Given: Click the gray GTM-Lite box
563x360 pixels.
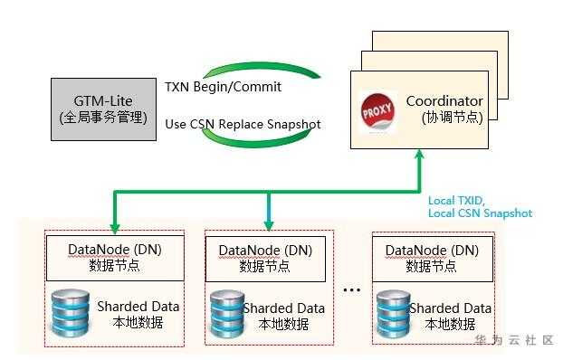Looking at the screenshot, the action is [x=103, y=109].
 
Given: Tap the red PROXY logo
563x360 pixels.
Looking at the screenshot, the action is [x=377, y=111].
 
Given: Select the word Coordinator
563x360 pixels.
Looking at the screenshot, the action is [x=444, y=101].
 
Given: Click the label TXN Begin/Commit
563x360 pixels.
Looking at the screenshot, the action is [x=223, y=87].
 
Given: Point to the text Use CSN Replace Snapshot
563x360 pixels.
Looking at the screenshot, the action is [x=243, y=124].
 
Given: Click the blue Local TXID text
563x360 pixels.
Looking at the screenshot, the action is [x=456, y=201].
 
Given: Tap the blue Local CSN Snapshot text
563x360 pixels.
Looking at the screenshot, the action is [x=480, y=213].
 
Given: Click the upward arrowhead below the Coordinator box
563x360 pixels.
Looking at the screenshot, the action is [x=419, y=155].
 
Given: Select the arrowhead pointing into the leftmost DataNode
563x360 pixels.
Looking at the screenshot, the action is [x=115, y=228].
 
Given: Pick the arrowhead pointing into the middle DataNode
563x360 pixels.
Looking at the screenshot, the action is [x=269, y=225].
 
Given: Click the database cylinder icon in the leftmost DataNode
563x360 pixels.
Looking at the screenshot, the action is [x=71, y=313].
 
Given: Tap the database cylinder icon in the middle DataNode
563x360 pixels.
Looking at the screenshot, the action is [x=227, y=313].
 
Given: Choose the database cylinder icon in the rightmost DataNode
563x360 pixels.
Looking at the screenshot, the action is [x=394, y=313].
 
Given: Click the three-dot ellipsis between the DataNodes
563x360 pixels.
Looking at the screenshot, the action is [x=352, y=289].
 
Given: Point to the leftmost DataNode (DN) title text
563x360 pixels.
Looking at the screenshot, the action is [x=115, y=250].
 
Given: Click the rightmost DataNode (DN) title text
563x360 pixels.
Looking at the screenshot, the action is [x=432, y=251].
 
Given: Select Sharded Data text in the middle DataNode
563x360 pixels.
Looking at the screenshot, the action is [x=284, y=308].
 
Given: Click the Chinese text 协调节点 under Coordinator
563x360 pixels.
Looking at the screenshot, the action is [x=453, y=117].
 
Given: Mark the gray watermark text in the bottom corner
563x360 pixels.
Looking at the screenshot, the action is [x=514, y=340].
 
